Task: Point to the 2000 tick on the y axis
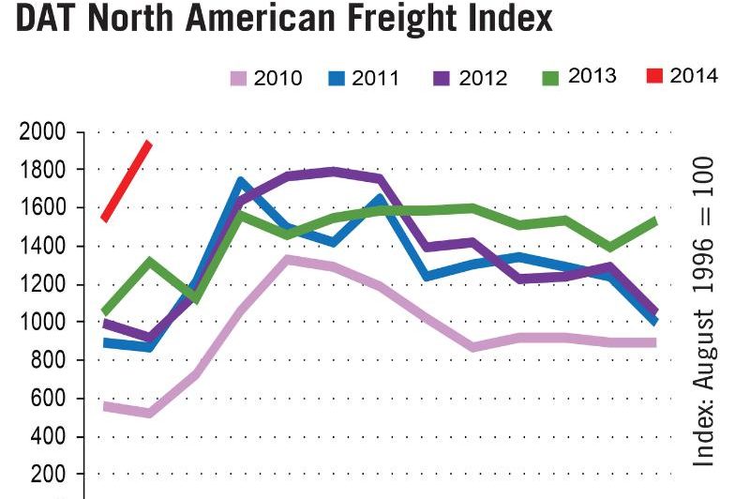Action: [42, 132]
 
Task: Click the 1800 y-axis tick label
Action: [42, 170]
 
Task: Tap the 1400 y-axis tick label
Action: [42, 247]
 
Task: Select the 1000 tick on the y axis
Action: [42, 323]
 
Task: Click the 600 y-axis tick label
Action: [47, 399]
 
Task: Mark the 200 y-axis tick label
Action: [47, 476]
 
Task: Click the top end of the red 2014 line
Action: [148, 144]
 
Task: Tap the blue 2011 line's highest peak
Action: [241, 181]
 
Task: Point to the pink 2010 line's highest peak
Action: [287, 258]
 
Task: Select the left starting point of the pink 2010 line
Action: [105, 405]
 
